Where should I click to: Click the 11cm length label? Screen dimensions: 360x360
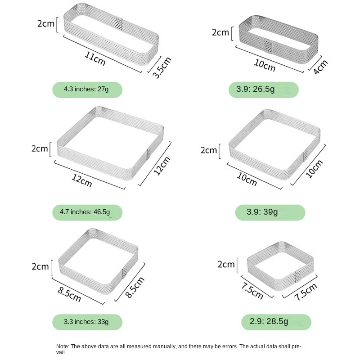tap(95, 58)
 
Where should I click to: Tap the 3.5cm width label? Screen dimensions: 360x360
tap(162, 67)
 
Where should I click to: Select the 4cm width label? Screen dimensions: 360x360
tap(320, 67)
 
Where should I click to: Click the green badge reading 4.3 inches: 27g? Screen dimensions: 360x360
tap(87, 90)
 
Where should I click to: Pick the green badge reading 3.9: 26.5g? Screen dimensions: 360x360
tap(264, 90)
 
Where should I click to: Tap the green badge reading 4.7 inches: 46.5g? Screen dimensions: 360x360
tap(87, 212)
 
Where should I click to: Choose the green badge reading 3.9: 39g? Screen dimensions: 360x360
tap(270, 212)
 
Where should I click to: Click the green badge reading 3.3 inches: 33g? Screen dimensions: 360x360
tap(87, 322)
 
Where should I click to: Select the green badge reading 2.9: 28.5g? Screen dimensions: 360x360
tap(276, 322)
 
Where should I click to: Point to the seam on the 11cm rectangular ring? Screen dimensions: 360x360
tap(119, 24)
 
